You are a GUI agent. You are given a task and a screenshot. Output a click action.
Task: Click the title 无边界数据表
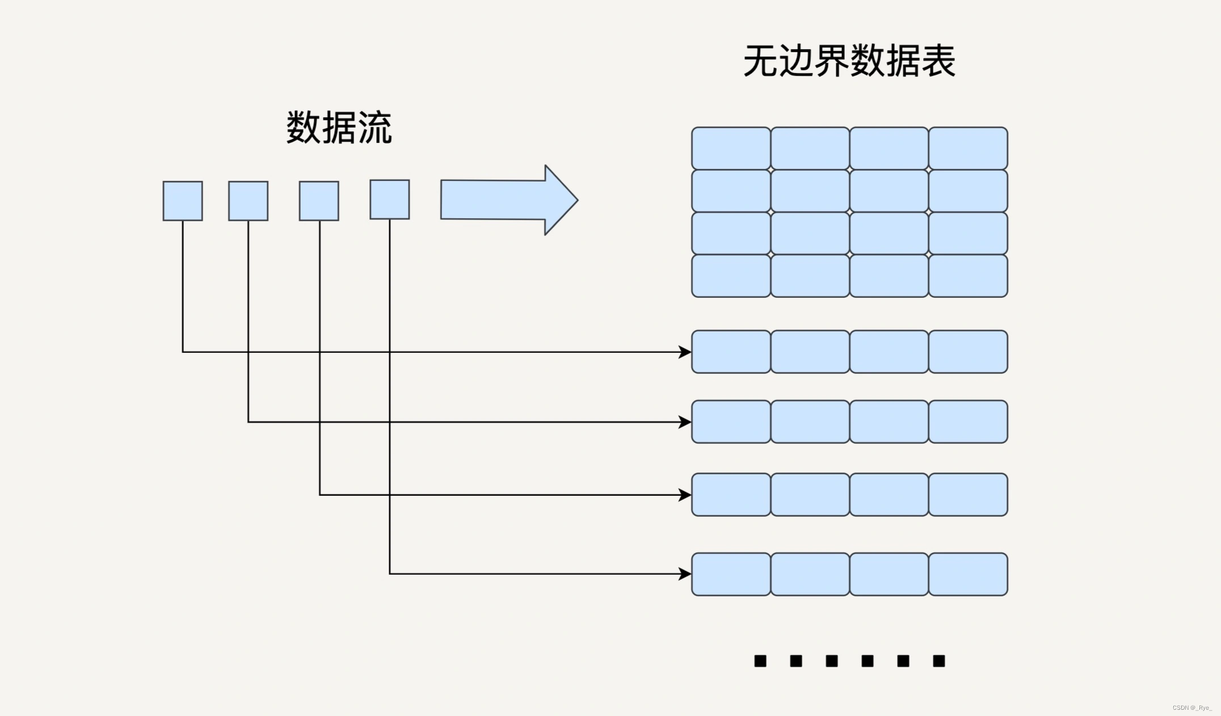tap(849, 61)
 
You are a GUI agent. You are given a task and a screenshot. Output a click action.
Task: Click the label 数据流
tap(339, 128)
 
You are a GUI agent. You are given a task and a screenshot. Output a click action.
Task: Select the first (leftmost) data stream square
tap(183, 201)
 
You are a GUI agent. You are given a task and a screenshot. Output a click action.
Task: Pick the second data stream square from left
tap(248, 201)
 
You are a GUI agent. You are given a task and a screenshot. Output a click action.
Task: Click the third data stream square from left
tap(319, 201)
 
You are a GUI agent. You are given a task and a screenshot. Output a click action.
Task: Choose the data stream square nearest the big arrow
tap(390, 200)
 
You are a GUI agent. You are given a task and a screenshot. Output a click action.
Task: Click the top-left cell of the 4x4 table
tap(731, 148)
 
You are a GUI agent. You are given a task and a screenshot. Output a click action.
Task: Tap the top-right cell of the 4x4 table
tap(968, 148)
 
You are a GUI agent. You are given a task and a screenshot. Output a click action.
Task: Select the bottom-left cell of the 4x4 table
tap(731, 276)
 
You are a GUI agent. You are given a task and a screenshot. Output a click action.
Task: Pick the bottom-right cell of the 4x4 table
tap(968, 276)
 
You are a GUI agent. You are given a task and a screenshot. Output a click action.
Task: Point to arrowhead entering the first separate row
tap(685, 352)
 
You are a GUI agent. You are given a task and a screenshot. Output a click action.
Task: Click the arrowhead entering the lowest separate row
tap(685, 574)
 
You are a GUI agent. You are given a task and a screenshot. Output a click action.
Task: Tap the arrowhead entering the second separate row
tap(685, 422)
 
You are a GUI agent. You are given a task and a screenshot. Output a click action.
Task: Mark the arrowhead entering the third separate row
tap(685, 495)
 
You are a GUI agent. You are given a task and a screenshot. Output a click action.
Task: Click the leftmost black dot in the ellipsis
tap(760, 661)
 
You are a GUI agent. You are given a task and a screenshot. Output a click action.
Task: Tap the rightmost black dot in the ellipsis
tap(939, 661)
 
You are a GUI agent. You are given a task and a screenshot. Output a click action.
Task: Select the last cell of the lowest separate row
tap(968, 574)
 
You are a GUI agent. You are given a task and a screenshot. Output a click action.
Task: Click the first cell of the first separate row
tap(731, 352)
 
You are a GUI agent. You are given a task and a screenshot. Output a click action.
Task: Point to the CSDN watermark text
tap(1191, 707)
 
